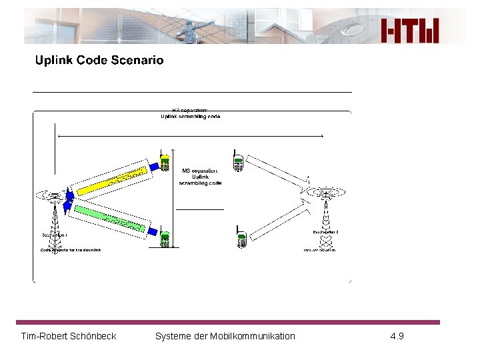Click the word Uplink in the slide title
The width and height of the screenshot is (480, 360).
coord(54,61)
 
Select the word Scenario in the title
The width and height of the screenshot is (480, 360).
coord(137,61)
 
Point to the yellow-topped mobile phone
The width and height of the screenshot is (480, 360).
coord(164,162)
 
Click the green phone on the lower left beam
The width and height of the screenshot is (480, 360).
coord(165,239)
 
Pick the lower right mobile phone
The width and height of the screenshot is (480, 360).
coord(242,238)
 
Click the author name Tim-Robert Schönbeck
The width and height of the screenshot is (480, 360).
coord(69,336)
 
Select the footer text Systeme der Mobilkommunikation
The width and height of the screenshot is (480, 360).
coord(225,336)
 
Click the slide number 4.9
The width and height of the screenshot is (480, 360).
coord(397,336)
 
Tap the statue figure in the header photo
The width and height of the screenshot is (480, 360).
coord(194,29)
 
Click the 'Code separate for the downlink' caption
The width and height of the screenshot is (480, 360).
coord(71,249)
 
